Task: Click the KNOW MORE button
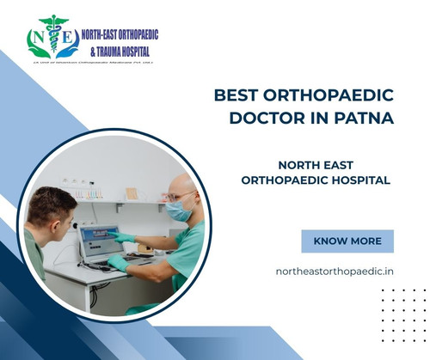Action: point(347,241)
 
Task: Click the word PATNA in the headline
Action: point(365,119)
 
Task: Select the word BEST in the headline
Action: point(237,95)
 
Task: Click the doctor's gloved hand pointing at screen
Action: point(123,237)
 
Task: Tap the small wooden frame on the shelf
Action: point(132,193)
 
